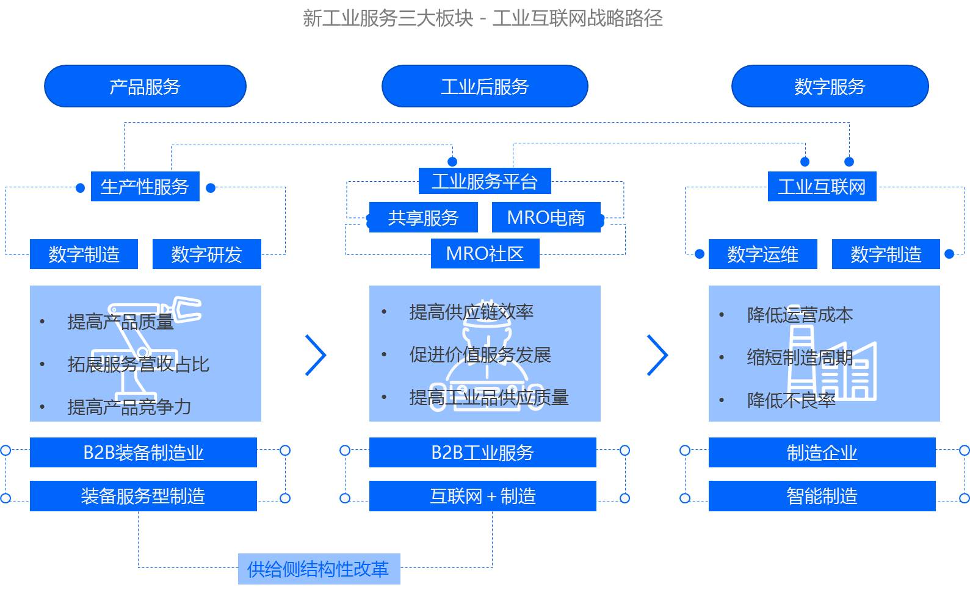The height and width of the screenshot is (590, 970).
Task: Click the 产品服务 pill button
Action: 145,86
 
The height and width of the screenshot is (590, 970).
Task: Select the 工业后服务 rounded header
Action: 485,86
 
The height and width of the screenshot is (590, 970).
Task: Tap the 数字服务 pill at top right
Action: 830,86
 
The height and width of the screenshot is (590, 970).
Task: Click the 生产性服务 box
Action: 145,187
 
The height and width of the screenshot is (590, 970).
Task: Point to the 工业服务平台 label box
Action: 485,181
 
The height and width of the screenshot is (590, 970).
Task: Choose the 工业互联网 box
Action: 822,187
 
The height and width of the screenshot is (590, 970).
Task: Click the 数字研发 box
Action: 206,254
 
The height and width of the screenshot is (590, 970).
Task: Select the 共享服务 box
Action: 423,218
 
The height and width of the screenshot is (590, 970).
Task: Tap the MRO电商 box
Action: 546,218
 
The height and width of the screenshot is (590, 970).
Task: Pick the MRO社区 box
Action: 485,254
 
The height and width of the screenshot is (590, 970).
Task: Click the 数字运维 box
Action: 762,254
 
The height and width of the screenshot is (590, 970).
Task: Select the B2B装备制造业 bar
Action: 143,453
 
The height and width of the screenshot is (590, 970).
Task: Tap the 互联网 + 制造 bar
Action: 482,496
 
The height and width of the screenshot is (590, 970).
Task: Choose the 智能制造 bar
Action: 822,496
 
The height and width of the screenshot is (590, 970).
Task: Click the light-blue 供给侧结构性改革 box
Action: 319,569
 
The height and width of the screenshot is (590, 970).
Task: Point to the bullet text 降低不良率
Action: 791,400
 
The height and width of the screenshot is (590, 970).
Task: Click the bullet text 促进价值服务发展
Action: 480,354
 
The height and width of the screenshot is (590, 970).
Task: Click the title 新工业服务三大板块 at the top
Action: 388,18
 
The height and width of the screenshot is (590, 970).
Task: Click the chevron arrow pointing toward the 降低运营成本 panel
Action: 657,354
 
